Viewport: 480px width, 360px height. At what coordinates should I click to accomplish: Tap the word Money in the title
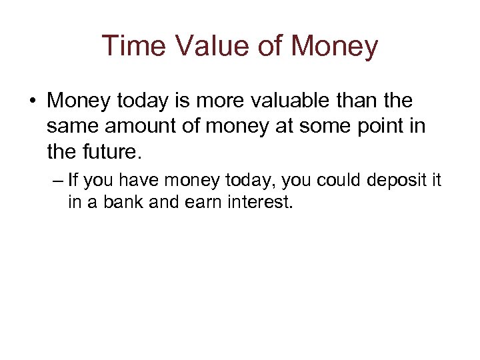pos(336,47)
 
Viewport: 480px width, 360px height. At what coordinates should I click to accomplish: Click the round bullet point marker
pos(32,102)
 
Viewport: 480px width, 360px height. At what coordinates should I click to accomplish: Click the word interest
pos(257,203)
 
